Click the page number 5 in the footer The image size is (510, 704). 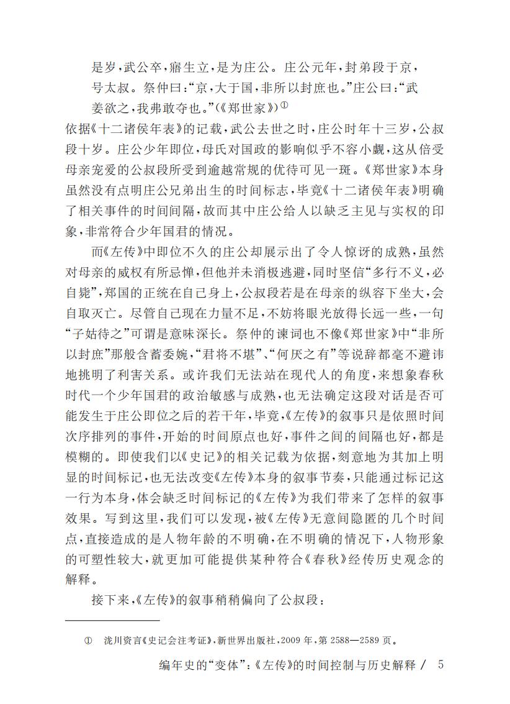[x=441, y=664]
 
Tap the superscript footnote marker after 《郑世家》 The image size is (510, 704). [x=283, y=104]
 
